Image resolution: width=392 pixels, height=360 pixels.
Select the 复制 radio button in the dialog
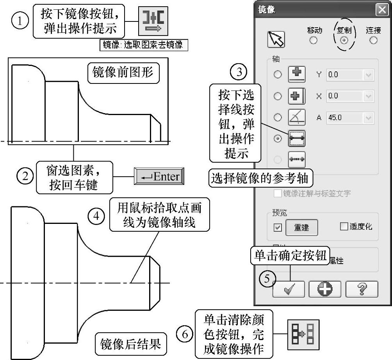point(344,41)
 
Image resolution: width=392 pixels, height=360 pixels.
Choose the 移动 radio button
point(313,41)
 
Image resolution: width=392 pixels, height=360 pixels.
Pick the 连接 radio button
point(374,41)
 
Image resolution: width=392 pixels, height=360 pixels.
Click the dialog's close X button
point(381,10)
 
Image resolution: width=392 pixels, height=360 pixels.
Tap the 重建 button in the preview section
point(301,227)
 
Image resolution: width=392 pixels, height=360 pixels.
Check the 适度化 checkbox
point(344,227)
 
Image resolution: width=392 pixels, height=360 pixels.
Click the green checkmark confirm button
point(289,289)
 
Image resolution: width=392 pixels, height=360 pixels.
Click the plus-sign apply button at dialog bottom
point(325,289)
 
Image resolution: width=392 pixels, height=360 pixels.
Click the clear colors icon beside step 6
point(303,334)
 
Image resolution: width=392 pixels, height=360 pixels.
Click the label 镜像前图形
point(123,73)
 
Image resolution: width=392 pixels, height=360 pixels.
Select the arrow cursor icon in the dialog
point(276,39)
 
